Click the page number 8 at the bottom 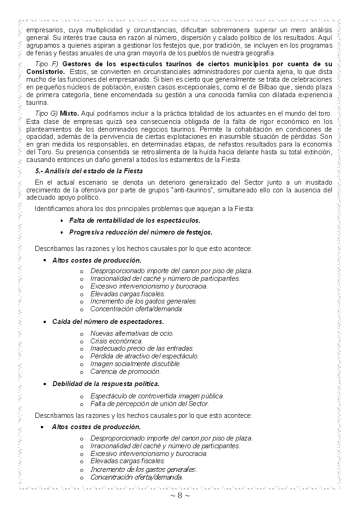click(180, 495)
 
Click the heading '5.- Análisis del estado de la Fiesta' click(89, 171)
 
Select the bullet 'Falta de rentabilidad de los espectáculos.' click(134, 220)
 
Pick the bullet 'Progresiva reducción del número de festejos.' click(141, 232)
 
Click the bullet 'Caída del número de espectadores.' click(108, 322)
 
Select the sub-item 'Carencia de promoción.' click(125, 372)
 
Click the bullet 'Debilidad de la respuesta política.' click(106, 384)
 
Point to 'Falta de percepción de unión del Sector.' click(149, 403)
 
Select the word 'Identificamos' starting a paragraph click(54, 209)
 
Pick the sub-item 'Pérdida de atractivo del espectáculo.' click(144, 356)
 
